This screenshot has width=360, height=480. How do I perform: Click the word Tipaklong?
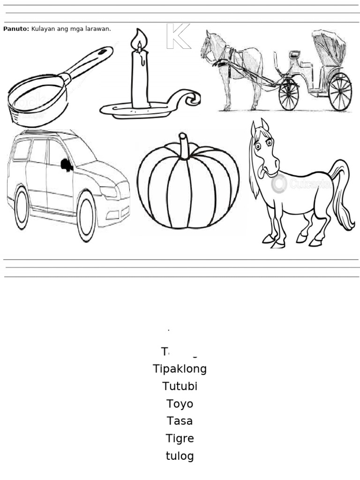pyautogui.click(x=180, y=369)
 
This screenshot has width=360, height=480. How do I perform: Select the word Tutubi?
pyautogui.click(x=180, y=386)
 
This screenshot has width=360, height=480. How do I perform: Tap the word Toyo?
pyautogui.click(x=180, y=404)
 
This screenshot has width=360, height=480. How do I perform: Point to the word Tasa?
pyautogui.click(x=180, y=421)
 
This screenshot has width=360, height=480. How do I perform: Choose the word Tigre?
pyautogui.click(x=180, y=439)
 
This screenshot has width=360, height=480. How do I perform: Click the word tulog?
pyautogui.click(x=180, y=456)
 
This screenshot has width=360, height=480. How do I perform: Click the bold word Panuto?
pyautogui.click(x=15, y=29)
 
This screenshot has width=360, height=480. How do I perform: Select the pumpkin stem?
pyautogui.click(x=184, y=145)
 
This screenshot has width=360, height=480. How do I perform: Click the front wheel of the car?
pyautogui.click(x=86, y=217)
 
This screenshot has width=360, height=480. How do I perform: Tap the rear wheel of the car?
pyautogui.click(x=22, y=208)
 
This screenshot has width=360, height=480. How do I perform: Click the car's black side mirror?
pyautogui.click(x=67, y=165)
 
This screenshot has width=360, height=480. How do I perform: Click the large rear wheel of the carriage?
pyautogui.click(x=340, y=91)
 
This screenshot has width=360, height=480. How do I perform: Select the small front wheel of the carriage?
pyautogui.click(x=288, y=94)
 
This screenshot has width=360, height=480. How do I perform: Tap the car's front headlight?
pyautogui.click(x=109, y=192)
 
